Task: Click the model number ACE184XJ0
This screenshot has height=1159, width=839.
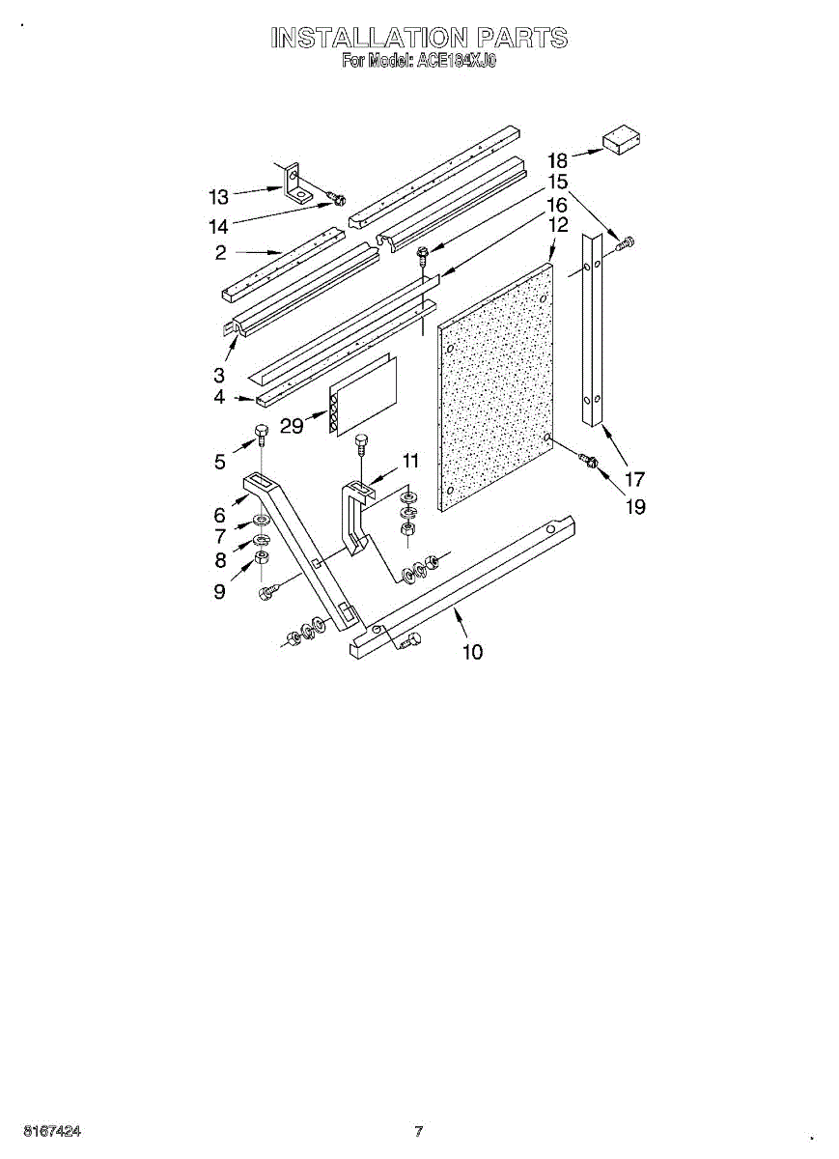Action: [456, 61]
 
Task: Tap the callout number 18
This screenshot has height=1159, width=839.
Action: [558, 160]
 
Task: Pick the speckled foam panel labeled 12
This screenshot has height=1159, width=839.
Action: [494, 386]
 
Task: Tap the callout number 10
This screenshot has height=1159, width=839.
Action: [472, 652]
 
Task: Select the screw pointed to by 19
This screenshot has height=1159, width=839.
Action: [587, 464]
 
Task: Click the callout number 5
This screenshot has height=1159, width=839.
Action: [221, 462]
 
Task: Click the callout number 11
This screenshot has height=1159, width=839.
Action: [411, 460]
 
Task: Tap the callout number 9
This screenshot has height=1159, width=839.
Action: [220, 590]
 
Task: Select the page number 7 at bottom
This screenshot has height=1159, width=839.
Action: [419, 1131]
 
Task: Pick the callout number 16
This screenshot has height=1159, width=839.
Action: [557, 204]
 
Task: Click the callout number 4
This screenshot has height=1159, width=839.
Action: [220, 396]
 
